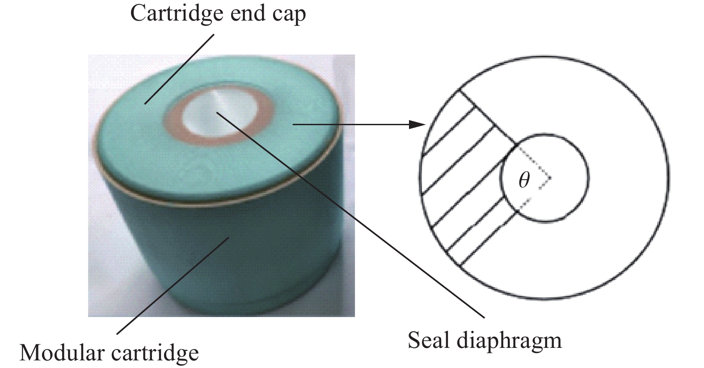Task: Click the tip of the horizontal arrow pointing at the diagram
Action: [425, 125]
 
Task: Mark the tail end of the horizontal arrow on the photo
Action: [293, 125]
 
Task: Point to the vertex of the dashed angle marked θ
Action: [550, 178]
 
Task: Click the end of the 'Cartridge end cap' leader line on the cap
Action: [145, 103]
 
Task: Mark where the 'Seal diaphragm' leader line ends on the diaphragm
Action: [217, 112]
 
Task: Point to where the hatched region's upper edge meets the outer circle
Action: [459, 90]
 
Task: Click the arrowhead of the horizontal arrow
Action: [417, 125]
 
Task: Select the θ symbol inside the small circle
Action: [524, 180]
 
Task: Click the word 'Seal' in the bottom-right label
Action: [429, 340]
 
